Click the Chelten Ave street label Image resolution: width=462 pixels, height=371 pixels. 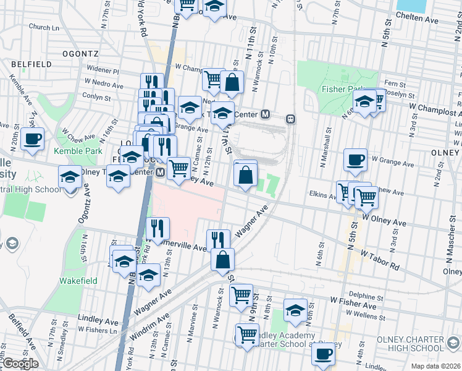click(417, 20)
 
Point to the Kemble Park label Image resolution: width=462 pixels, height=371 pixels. click(77, 151)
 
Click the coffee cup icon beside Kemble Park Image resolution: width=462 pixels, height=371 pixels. click(33, 139)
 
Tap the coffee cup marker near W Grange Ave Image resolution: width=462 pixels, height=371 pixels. click(355, 160)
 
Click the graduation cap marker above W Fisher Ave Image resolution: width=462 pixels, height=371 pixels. click(295, 310)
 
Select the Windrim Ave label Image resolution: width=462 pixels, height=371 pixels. click(151, 327)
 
